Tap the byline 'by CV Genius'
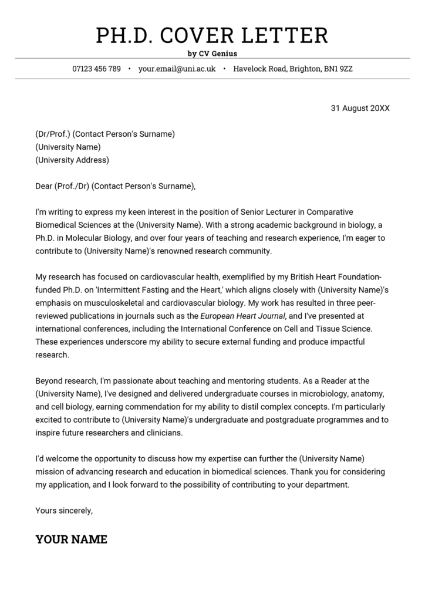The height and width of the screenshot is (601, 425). point(212,53)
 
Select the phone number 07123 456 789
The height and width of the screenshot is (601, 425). point(96,69)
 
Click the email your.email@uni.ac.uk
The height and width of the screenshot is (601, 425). point(177,69)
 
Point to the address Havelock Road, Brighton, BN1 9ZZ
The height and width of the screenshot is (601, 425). point(293,69)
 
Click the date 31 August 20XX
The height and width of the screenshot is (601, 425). point(360,108)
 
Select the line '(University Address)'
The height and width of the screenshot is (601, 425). point(72,160)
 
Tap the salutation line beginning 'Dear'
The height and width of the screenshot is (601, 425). point(114,186)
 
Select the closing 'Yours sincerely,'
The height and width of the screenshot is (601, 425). point(64,510)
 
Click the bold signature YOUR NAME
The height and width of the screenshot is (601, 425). point(71,539)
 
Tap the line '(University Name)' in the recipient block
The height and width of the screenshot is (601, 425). point(68,147)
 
